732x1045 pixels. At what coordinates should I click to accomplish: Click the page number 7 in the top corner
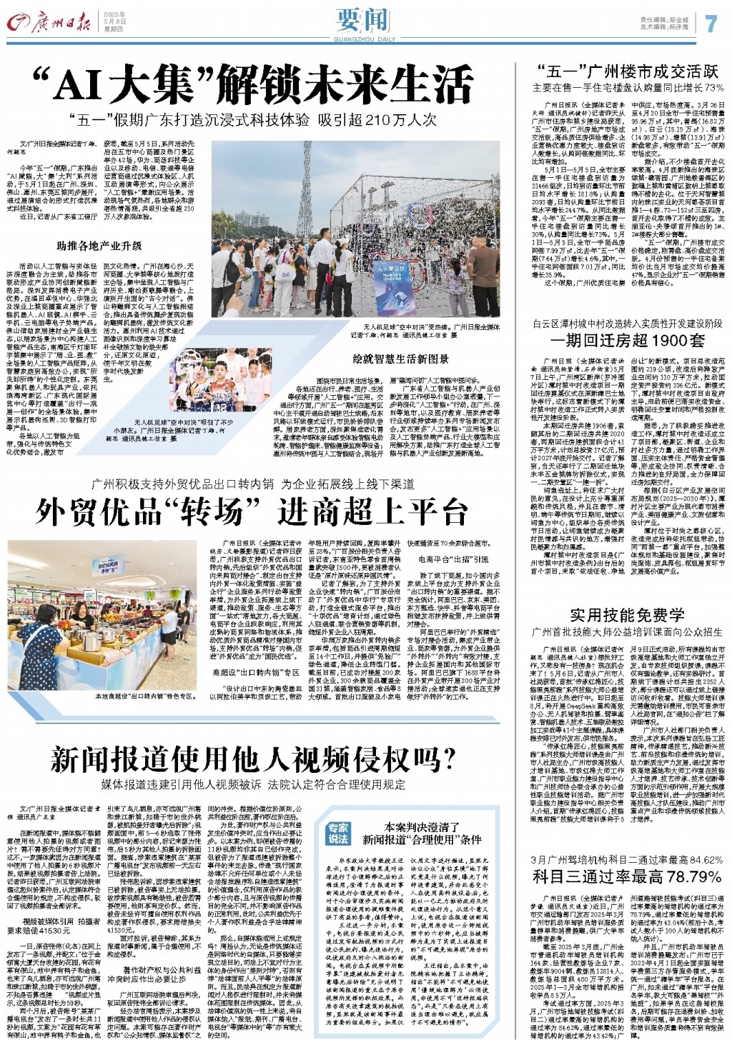(710, 23)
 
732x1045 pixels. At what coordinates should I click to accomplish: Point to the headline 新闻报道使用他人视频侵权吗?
(253, 760)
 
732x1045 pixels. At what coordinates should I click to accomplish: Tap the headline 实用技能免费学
(628, 615)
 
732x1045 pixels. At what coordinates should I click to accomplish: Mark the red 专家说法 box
(338, 833)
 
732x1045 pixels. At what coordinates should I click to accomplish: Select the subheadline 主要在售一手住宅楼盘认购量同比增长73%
(628, 89)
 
